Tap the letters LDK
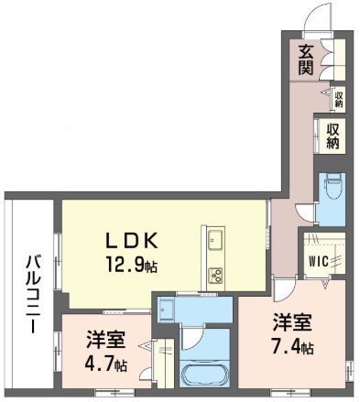click(133, 241)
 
